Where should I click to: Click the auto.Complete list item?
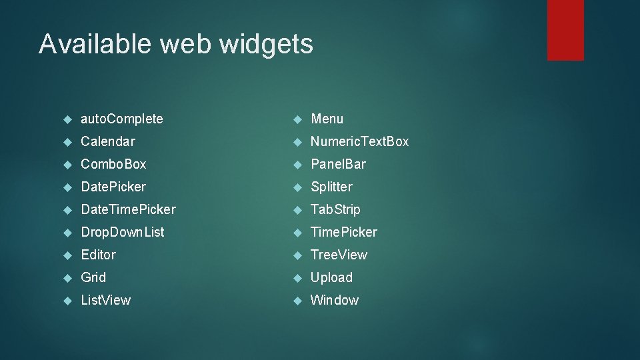click(121, 119)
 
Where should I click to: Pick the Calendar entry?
click(107, 141)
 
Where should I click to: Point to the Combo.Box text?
click(113, 164)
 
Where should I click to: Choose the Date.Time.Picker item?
click(128, 209)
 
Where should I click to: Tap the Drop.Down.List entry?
click(122, 232)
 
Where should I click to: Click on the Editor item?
click(98, 255)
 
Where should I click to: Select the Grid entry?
click(93, 277)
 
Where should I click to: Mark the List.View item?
click(105, 300)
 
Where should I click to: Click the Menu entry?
click(327, 119)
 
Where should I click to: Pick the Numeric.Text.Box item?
click(359, 141)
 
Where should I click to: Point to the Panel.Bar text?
click(338, 164)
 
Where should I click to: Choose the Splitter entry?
click(331, 187)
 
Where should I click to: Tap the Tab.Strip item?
click(335, 209)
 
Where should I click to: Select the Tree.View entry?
click(339, 255)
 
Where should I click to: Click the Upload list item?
click(331, 277)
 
